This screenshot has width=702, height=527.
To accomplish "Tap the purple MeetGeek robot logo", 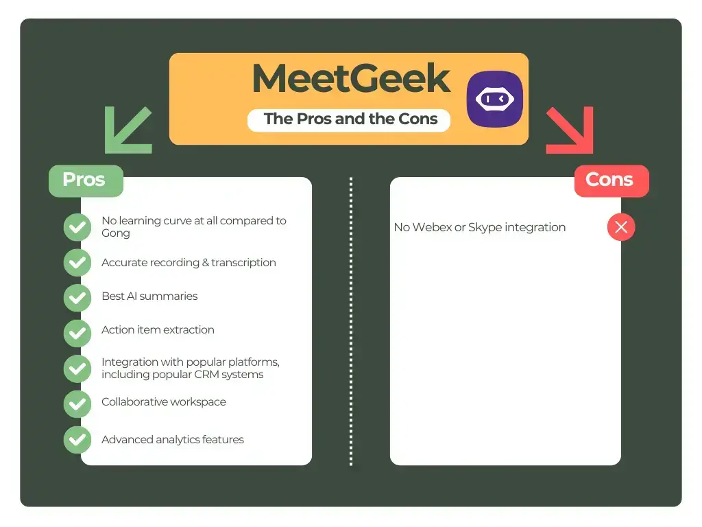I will point(494,99).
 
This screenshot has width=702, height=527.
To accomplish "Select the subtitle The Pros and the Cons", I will point(350,119).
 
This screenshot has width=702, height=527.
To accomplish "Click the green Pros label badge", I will point(85,180).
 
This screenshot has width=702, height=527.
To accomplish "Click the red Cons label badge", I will point(610,180).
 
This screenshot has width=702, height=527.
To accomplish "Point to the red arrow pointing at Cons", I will point(570,130).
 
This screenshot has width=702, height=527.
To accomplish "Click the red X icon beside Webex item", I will point(621,227).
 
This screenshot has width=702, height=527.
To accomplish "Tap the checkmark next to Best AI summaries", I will point(77,297).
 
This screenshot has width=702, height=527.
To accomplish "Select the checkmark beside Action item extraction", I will point(77,333).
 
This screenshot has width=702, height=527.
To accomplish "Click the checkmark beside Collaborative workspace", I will point(77,403).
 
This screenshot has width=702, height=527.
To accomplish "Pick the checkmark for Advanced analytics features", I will point(77,440).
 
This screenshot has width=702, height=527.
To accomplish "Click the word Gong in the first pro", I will point(115,233).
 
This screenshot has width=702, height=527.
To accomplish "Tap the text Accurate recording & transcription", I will point(189,263).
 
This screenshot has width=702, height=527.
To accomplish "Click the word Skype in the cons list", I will point(483,227).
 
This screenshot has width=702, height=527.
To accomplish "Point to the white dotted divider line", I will point(351,323).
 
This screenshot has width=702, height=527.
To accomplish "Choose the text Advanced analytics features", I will point(173,440).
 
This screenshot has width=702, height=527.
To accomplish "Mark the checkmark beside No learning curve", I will point(77,227).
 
